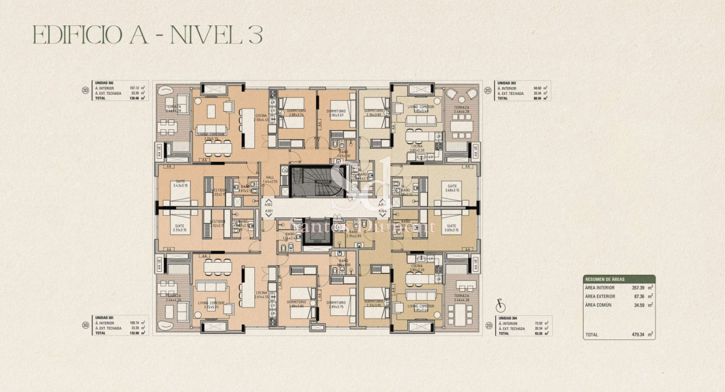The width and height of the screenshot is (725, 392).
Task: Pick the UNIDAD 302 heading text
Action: [x=105, y=83]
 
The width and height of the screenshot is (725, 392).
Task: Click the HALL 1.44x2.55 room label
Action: [x=269, y=179]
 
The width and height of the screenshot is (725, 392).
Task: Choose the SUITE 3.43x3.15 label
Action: [x=180, y=184]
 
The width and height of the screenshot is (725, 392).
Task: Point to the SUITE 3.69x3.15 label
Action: [x=450, y=228]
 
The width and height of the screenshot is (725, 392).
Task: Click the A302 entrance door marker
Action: [x=268, y=205]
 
